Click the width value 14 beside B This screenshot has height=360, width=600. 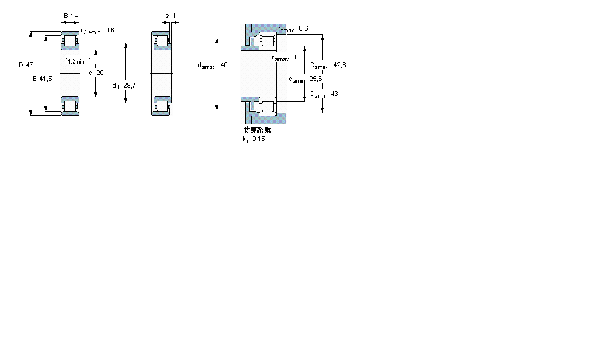click(x=76, y=16)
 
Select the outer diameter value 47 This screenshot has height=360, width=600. click(x=29, y=64)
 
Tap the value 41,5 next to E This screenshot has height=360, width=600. click(x=46, y=79)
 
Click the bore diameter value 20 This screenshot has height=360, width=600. click(x=100, y=73)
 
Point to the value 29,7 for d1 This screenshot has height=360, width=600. click(x=128, y=86)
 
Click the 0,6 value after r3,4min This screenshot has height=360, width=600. click(x=110, y=30)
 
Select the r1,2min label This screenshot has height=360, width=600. click(x=74, y=61)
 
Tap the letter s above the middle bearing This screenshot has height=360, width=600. click(x=166, y=16)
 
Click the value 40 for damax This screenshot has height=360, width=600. click(x=224, y=65)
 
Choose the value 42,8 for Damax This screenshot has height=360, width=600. click(x=340, y=65)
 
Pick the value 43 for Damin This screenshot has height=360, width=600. click(x=334, y=94)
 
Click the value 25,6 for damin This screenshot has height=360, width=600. click(x=316, y=78)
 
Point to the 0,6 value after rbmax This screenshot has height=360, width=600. click(x=304, y=28)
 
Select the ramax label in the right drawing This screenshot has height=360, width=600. click(x=280, y=58)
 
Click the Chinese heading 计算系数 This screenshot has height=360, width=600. click(x=257, y=130)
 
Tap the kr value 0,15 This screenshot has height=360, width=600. click(x=258, y=139)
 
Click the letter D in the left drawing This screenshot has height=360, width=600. click(x=20, y=64)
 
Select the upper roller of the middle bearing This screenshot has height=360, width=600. click(x=161, y=41)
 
